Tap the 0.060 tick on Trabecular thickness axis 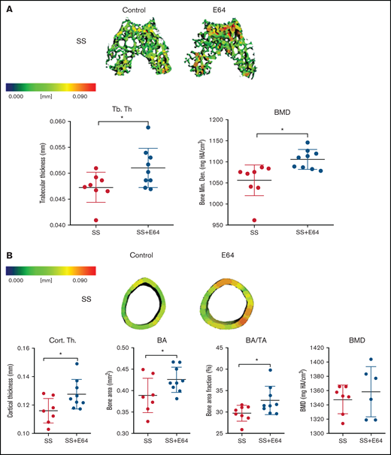pos(64,120)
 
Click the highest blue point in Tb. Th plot pos(149,128)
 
